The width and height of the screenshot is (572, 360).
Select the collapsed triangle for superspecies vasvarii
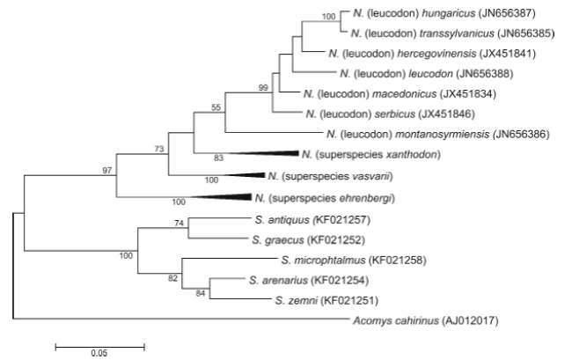tap(241, 176)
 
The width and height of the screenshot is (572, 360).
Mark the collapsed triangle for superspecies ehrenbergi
tap(220, 198)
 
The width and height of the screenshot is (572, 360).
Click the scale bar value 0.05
tap(99, 354)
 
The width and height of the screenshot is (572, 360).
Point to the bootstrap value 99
tap(262, 87)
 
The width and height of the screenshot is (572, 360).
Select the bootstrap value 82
tap(172, 276)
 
